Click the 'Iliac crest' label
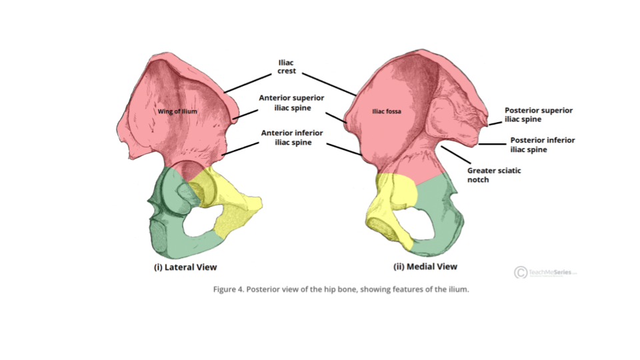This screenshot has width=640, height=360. click(286, 67)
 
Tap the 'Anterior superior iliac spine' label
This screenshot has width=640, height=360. click(292, 103)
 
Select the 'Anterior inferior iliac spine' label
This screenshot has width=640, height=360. click(292, 137)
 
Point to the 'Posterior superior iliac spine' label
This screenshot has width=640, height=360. click(539, 115)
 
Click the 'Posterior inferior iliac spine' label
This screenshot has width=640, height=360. click(543, 145)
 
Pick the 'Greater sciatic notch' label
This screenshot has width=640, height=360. click(494, 175)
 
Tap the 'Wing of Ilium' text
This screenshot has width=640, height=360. click(177, 111)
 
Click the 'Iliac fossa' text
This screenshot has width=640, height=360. click(387, 111)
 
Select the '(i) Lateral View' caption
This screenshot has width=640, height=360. click(185, 267)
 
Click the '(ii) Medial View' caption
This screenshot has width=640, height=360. click(425, 267)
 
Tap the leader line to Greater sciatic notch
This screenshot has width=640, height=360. click(456, 155)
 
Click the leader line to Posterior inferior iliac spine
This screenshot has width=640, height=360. click(492, 144)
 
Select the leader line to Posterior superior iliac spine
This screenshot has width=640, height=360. click(495, 123)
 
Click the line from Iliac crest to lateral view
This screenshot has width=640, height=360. click(248, 83)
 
